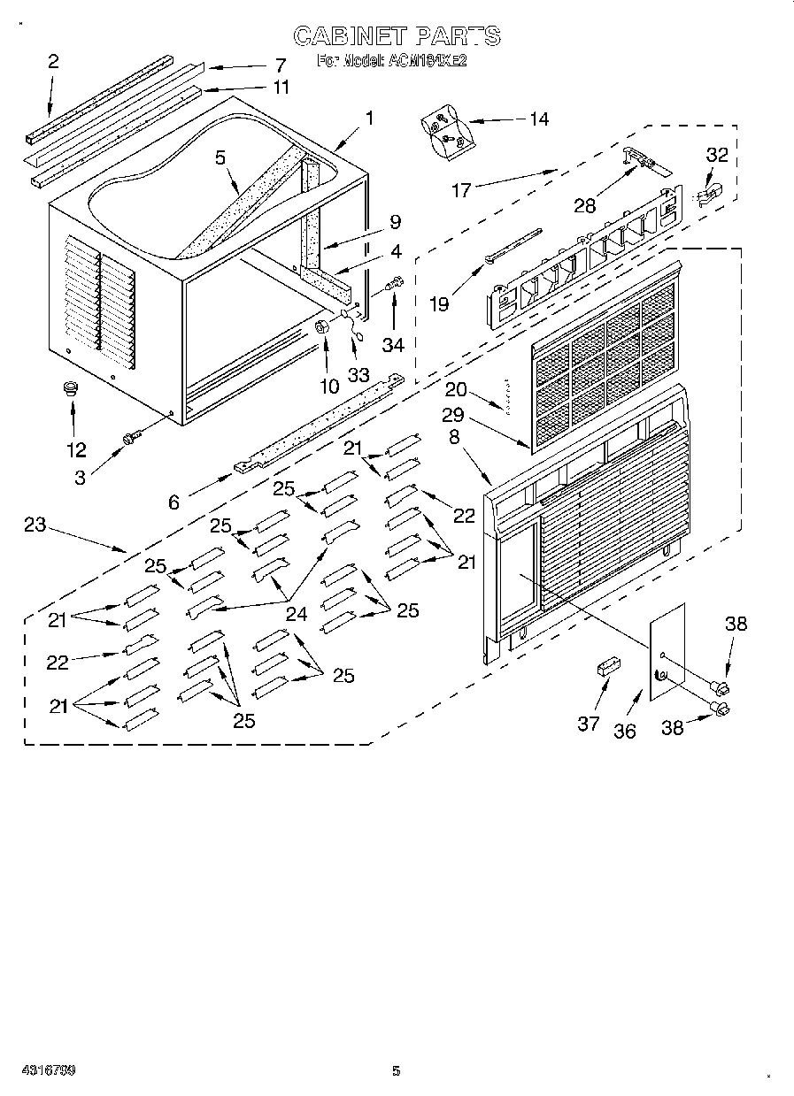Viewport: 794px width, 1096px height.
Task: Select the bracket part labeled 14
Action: [445, 131]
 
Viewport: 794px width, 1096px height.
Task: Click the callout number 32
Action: [716, 155]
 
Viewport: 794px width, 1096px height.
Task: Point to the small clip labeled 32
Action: [709, 193]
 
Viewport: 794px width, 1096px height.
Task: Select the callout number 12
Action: [76, 449]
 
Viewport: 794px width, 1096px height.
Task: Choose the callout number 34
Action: [394, 341]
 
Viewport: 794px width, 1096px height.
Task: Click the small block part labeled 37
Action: [607, 666]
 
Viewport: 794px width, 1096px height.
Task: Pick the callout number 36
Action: [625, 732]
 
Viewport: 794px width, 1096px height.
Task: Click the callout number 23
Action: [35, 525]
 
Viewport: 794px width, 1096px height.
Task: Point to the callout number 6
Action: [173, 502]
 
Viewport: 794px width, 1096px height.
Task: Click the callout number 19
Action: [438, 303]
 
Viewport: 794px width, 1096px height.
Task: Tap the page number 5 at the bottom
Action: [396, 1071]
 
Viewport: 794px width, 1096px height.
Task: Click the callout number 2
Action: [53, 61]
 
